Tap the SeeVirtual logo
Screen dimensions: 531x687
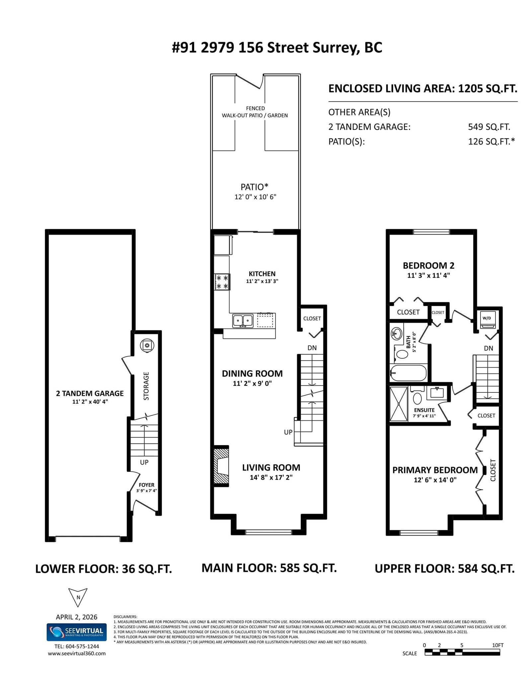77,632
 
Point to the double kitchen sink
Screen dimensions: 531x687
243,321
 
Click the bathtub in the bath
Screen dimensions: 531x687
408,373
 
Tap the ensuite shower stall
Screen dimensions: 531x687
399,403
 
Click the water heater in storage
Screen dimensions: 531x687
147,345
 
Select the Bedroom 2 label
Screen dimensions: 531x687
428,265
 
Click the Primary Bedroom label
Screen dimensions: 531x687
435,470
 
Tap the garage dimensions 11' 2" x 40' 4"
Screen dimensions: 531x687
90,401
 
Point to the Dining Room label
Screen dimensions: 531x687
252,374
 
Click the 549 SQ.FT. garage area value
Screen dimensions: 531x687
489,127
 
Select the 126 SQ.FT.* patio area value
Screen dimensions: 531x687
492,142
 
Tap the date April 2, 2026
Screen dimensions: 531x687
77,617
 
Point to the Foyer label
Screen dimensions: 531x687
146,485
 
